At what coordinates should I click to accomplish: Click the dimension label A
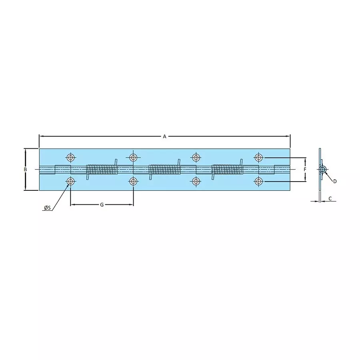coord(164,136)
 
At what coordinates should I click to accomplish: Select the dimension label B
coord(25,170)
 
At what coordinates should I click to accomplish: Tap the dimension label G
coord(102,205)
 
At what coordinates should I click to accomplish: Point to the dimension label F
coord(305,170)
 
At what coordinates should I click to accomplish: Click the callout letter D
coord(335,181)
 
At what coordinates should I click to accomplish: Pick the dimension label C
coord(330,198)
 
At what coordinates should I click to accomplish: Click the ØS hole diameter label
coord(47,208)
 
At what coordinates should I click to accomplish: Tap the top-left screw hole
coord(71,156)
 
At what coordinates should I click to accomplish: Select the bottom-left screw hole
coord(71,182)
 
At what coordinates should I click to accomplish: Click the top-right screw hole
coord(259,156)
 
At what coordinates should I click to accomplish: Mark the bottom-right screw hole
coord(259,182)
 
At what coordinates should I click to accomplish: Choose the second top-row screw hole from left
coord(133,156)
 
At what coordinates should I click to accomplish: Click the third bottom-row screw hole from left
coord(196,182)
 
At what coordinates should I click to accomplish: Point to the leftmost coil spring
coord(102,170)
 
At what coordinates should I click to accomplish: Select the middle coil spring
coord(164,170)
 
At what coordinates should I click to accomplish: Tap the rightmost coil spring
coord(227,170)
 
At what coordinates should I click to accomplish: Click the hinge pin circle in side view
coord(322,170)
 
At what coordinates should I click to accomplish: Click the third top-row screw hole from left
coord(196,156)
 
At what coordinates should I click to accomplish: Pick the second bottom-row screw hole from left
coord(133,182)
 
